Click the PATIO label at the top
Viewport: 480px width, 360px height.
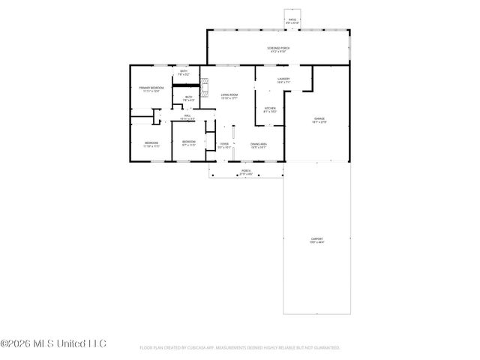tap(293, 21)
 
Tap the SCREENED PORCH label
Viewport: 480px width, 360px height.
tap(278, 49)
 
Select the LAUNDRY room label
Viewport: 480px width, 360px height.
tap(283, 79)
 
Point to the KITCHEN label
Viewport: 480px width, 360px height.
tap(269, 109)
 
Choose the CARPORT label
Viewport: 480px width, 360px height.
tap(316, 240)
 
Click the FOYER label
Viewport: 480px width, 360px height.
tap(224, 145)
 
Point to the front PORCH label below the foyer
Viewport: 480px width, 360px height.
tap(246, 172)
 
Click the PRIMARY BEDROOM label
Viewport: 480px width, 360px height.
tap(151, 89)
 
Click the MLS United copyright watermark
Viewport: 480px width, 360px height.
tap(53, 344)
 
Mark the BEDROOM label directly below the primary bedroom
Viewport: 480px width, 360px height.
tap(151, 143)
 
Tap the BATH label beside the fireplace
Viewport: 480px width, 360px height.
tap(189, 97)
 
